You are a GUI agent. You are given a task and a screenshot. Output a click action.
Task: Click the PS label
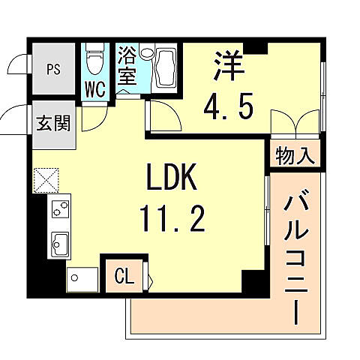[x=52, y=70]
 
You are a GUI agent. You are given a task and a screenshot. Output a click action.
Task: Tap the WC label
[x=95, y=88]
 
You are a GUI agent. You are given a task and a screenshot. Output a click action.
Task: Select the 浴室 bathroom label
[x=127, y=66]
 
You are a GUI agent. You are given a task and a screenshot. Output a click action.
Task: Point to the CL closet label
[x=124, y=276]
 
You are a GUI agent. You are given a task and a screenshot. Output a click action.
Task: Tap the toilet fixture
[x=94, y=58]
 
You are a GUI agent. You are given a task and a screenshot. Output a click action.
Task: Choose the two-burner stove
[x=59, y=209]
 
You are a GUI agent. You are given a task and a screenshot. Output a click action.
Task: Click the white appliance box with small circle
[x=82, y=278]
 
